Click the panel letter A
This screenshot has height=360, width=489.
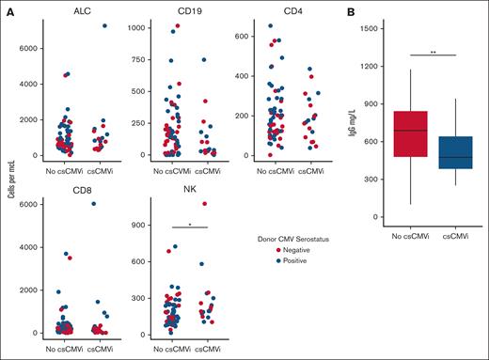8,9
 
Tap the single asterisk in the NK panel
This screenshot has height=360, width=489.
191,225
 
